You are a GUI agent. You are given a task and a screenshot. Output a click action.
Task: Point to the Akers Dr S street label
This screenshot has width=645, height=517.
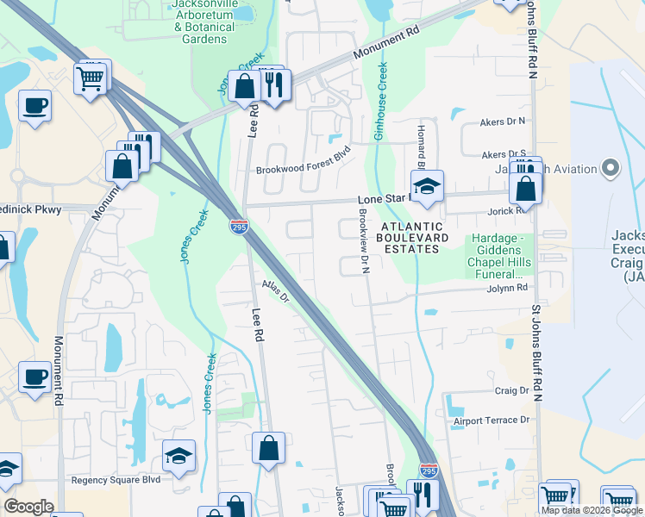tap(504, 154)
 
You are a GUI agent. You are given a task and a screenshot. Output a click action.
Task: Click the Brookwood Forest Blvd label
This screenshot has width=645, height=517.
tap(304, 171)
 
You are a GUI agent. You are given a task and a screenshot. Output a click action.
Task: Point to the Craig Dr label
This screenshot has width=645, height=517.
tap(510, 390)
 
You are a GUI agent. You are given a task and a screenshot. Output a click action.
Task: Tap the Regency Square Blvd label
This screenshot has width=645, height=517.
tap(116, 480)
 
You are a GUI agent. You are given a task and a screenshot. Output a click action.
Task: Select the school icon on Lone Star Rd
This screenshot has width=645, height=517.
tap(425, 187)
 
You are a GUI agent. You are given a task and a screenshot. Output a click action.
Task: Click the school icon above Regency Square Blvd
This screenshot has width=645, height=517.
tap(178, 456)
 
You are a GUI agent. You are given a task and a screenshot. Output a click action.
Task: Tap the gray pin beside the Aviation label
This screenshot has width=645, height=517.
tap(611, 168)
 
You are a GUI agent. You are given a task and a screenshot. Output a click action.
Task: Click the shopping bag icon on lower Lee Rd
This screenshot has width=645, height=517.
tap(268, 448)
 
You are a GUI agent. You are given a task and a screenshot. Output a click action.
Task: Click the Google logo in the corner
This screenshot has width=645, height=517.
tap(29, 507)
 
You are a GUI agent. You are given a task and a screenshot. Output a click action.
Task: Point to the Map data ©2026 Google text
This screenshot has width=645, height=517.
tap(592, 510)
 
